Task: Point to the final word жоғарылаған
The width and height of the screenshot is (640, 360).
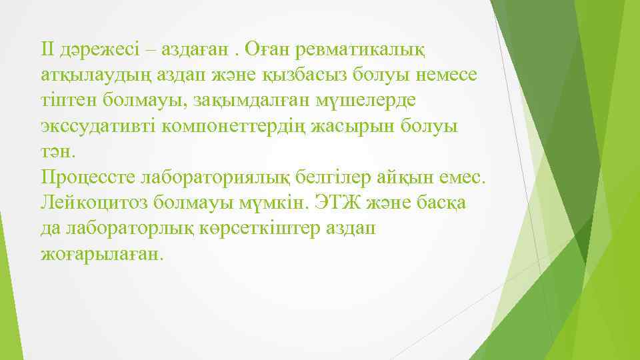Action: pyautogui.click(x=101, y=254)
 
